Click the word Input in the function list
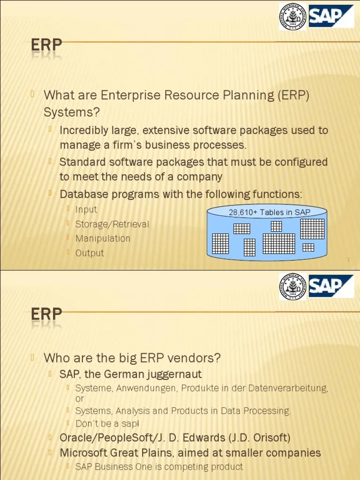click(86, 210)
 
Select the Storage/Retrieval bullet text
click(112, 224)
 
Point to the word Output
click(90, 253)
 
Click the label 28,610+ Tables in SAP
click(269, 212)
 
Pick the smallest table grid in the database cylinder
click(308, 247)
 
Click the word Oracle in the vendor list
click(75, 438)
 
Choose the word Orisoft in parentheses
click(268, 438)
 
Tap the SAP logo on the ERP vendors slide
click(331, 285)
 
